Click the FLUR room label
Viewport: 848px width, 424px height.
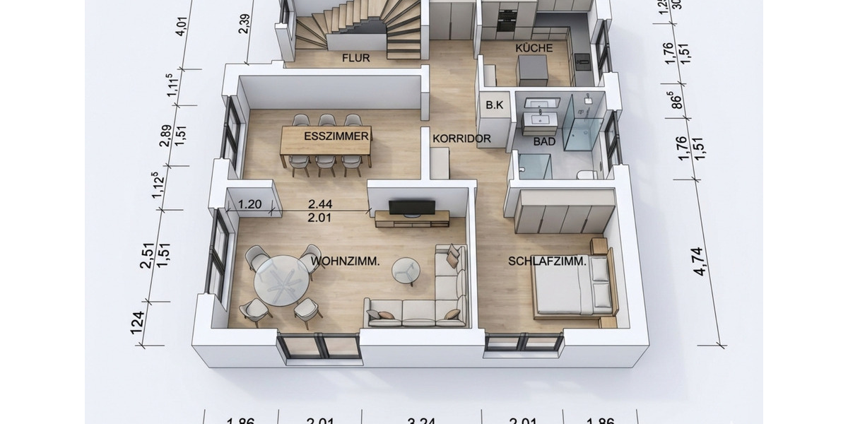tap(357, 58)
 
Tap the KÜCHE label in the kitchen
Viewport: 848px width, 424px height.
tap(534, 47)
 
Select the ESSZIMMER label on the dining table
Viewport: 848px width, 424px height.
tap(336, 136)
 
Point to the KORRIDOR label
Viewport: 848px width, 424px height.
tap(461, 139)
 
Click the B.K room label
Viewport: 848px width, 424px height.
tap(494, 105)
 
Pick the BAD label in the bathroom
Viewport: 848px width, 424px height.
tap(544, 141)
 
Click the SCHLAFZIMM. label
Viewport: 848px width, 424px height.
tap(547, 261)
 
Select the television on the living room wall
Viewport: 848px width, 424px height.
tap(412, 207)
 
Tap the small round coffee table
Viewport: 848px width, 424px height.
tap(406, 269)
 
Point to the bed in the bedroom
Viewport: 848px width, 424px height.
tap(572, 287)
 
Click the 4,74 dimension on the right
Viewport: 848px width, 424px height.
tap(700, 260)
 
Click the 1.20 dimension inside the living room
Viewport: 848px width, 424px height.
tap(251, 204)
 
